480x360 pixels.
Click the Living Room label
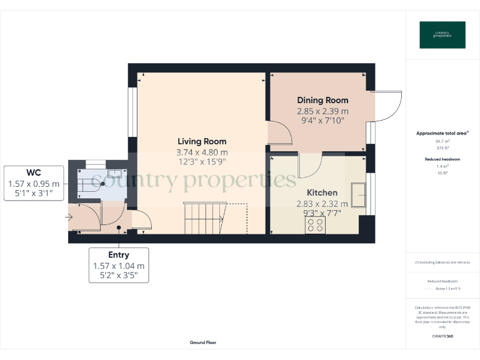[201, 142]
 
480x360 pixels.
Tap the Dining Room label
[322, 100]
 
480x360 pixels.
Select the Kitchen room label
[322, 192]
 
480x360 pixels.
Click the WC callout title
[34, 172]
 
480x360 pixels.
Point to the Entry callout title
[119, 255]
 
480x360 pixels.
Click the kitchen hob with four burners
[314, 225]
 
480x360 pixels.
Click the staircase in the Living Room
[204, 218]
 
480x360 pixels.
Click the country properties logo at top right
[442, 35]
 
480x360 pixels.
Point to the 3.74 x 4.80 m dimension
[201, 152]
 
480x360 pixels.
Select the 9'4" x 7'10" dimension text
[322, 121]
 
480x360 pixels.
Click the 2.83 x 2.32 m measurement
[322, 204]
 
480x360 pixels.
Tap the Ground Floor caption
[203, 342]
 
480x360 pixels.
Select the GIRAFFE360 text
[442, 336]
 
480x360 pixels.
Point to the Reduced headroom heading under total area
[442, 159]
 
